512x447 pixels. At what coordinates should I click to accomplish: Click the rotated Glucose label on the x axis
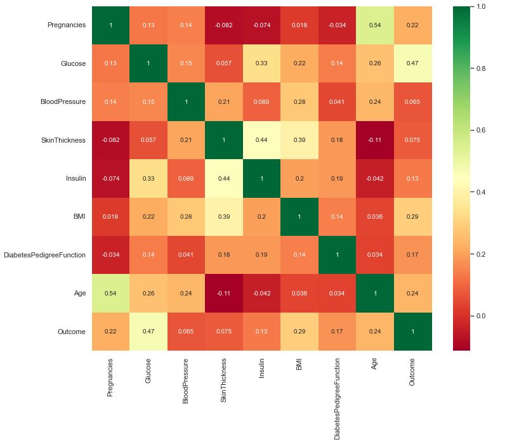148,373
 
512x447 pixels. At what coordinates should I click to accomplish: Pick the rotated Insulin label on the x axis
261,371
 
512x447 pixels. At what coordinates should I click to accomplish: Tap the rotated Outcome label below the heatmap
410,373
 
